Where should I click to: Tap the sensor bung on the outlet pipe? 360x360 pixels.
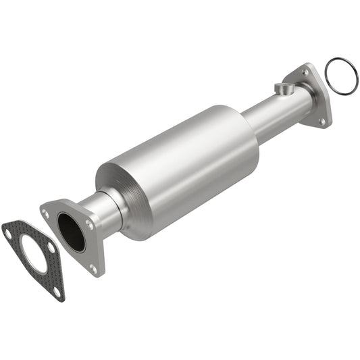tap(283, 88)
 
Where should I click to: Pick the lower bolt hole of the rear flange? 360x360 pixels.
tap(322, 121)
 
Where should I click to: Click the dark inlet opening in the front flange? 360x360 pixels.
tap(71, 232)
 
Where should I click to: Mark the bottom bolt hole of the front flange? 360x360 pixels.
tap(93, 269)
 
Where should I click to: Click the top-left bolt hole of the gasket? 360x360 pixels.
tap(8, 232)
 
